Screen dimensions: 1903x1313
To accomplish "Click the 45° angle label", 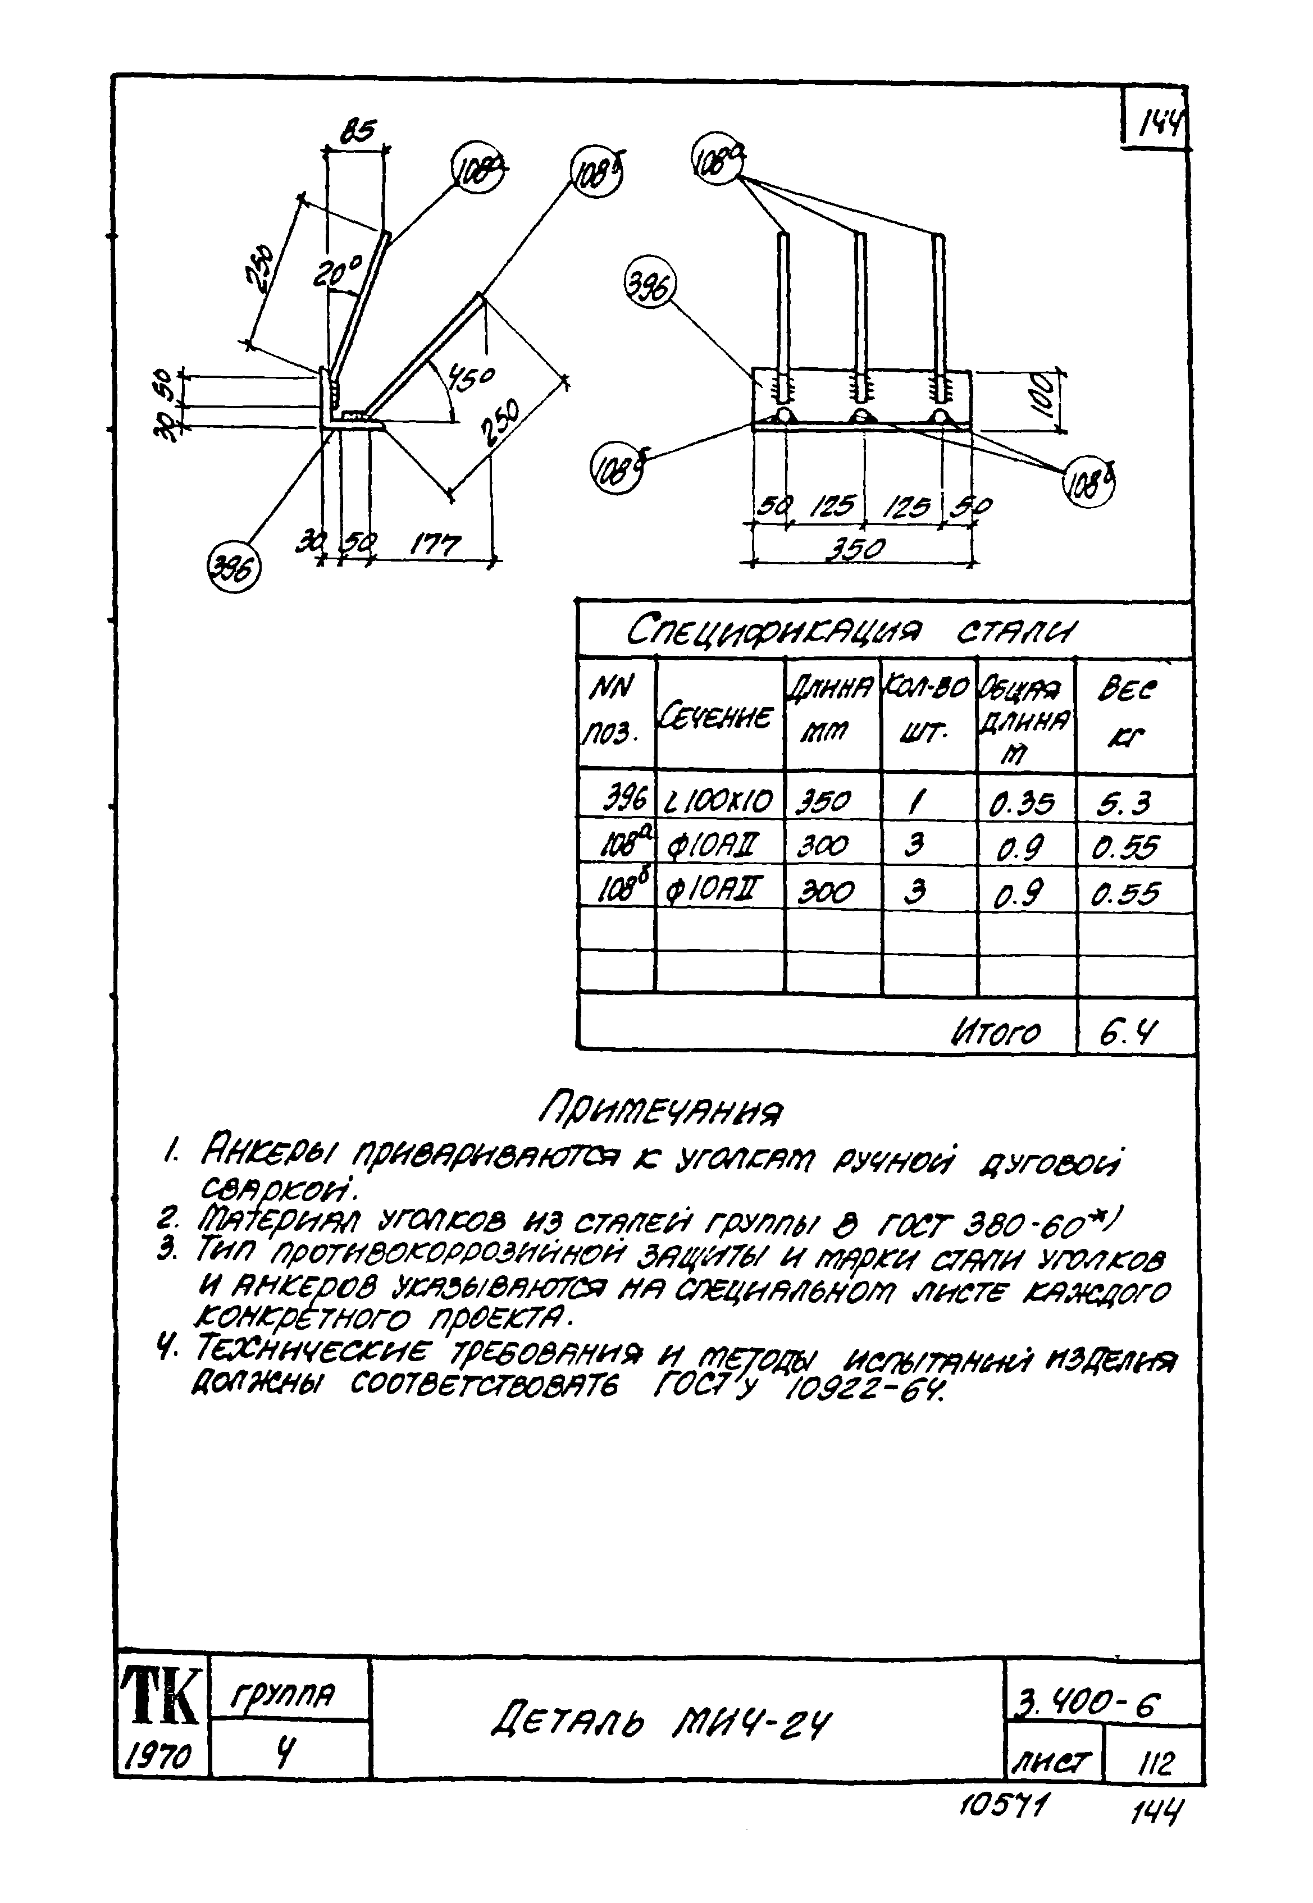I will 471,379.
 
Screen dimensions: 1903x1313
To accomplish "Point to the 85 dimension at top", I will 358,131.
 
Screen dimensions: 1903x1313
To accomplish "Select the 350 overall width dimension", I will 856,549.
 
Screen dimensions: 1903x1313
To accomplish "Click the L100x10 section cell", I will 719,800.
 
